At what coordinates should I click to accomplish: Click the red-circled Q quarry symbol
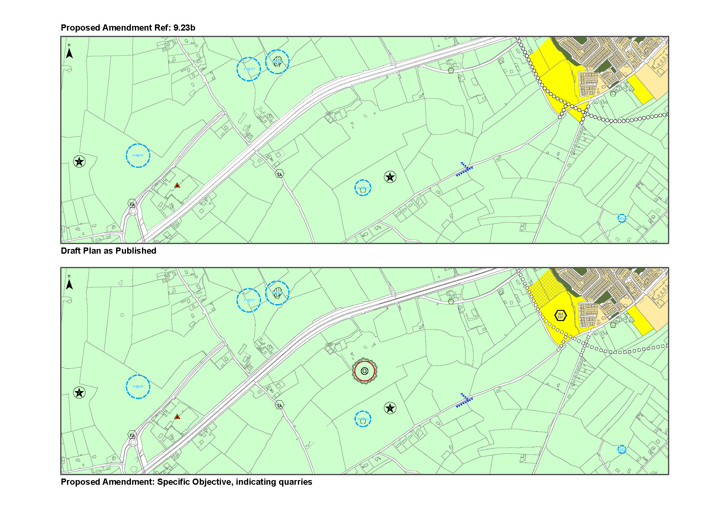365,371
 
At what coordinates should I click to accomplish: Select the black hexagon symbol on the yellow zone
560,315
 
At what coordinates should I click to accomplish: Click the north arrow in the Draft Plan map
69,52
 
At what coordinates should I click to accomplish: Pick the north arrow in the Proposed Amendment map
69,284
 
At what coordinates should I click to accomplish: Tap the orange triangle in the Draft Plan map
177,185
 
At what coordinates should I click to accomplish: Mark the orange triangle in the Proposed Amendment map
177,416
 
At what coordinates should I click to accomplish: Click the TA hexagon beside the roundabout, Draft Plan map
132,204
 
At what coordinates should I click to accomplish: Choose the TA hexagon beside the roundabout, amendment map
132,435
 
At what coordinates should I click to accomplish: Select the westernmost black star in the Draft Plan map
79,161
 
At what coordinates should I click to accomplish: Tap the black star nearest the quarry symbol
390,408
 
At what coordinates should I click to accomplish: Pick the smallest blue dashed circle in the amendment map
622,449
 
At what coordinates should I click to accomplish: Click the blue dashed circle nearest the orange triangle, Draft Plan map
138,155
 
